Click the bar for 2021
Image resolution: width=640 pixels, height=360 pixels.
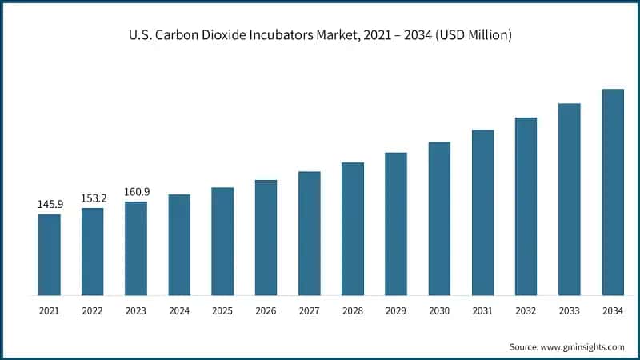[49, 254]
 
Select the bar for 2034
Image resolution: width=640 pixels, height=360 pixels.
[613, 192]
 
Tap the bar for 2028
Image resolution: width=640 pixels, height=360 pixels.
[353, 229]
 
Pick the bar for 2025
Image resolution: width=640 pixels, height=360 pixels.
[222, 242]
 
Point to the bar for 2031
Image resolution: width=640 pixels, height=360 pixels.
[483, 212]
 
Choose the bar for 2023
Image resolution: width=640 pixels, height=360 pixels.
[136, 248]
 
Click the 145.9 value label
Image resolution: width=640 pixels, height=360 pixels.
[49, 205]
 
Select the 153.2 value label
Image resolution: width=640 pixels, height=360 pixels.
[92, 198]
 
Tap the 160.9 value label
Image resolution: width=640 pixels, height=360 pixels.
[136, 192]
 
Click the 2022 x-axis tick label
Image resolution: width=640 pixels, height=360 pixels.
[92, 309]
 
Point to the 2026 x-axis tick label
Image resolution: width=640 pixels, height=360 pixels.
[266, 309]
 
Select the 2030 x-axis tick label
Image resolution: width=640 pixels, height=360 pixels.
[439, 309]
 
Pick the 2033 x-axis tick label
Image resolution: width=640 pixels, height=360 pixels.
[570, 309]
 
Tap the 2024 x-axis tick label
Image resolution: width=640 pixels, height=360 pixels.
[179, 309]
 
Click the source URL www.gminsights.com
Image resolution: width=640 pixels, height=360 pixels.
[582, 346]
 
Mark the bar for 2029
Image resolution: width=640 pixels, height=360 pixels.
[396, 224]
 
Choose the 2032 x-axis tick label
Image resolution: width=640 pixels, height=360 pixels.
[526, 309]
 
